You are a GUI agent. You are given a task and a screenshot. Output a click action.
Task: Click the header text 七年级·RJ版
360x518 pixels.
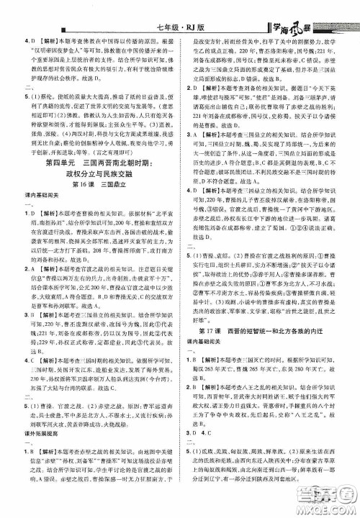click(x=178, y=11)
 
